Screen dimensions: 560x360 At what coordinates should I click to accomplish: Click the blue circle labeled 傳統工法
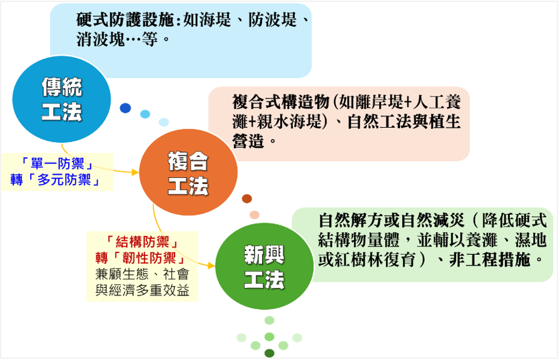click(61, 99)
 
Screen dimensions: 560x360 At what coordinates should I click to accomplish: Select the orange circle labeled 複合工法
click(188, 172)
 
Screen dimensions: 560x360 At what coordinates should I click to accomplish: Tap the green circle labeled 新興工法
click(264, 266)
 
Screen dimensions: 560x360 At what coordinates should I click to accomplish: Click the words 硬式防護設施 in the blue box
click(125, 20)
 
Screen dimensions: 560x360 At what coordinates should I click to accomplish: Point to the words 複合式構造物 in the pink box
click(281, 102)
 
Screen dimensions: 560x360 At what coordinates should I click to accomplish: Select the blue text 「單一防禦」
click(57, 164)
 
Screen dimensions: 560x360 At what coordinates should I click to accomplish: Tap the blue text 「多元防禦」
click(64, 180)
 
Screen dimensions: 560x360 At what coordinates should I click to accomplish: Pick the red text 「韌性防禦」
click(150, 258)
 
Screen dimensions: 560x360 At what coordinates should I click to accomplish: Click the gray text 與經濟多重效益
click(143, 291)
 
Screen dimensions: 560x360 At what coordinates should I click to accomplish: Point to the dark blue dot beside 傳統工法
click(125, 108)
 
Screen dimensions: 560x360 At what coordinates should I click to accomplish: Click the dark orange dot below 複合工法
click(247, 198)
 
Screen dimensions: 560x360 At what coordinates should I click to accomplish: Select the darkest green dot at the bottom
click(269, 353)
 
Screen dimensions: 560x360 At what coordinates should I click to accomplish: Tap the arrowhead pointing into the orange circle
click(135, 172)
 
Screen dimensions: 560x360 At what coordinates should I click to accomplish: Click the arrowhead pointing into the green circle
click(211, 265)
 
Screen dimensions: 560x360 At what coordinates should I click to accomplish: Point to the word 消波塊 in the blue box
click(100, 39)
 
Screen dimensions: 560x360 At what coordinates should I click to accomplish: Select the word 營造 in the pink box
click(248, 141)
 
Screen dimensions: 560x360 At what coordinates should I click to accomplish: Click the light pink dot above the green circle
click(254, 215)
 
